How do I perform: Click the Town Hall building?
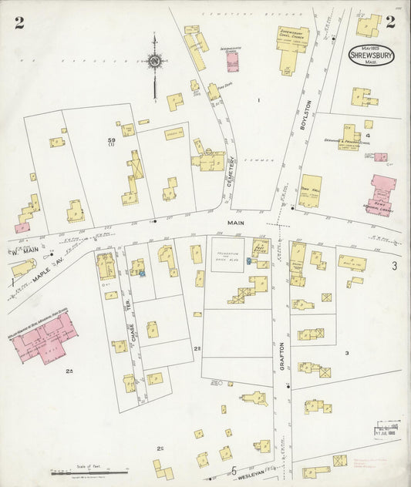click(311, 190)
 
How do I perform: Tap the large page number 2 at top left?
click(19, 22)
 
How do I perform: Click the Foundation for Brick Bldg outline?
click(227, 254)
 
